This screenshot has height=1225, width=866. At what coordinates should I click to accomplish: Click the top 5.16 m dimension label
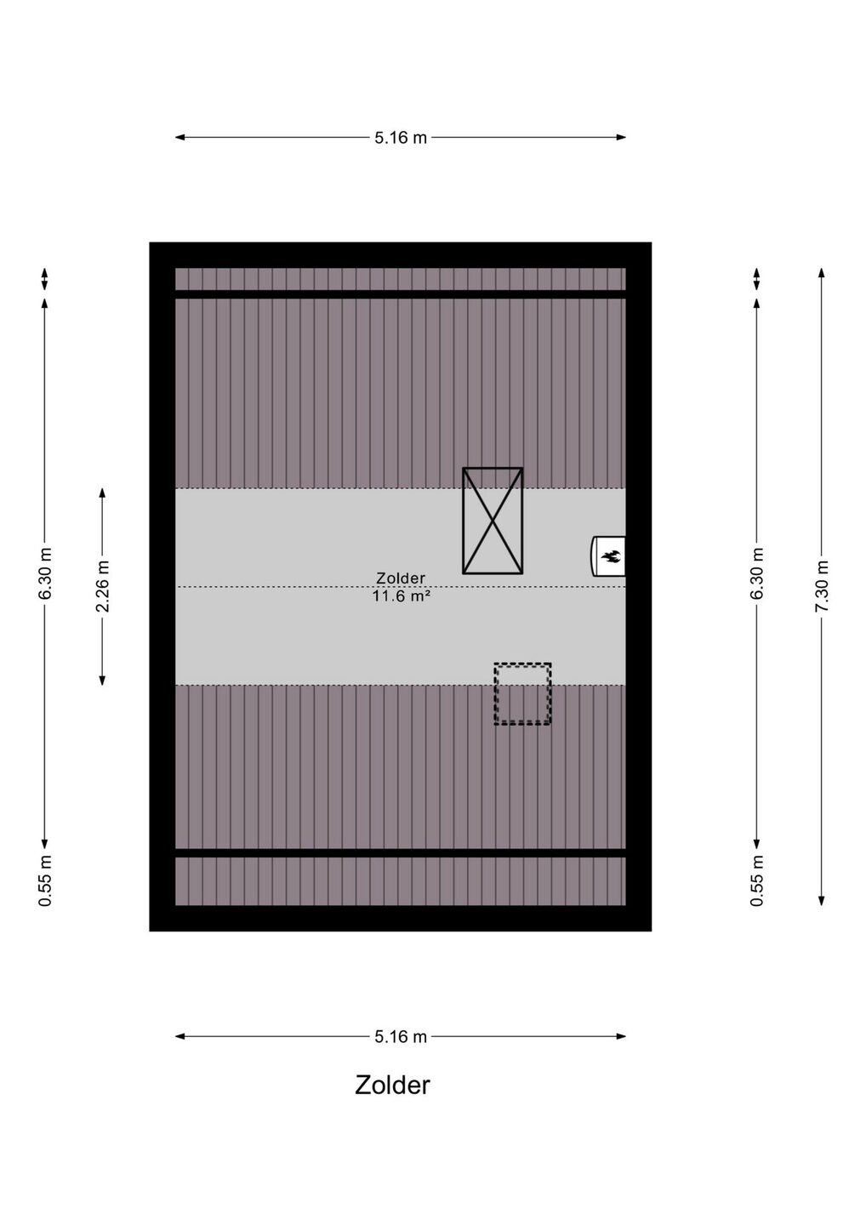pyautogui.click(x=400, y=137)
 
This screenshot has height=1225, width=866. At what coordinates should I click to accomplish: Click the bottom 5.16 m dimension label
pyautogui.click(x=400, y=1036)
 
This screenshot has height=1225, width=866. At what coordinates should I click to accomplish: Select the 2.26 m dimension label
pyautogui.click(x=102, y=586)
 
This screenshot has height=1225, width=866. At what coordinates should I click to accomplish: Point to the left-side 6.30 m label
pyautogui.click(x=45, y=573)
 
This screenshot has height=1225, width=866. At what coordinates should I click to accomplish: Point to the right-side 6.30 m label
pyautogui.click(x=756, y=573)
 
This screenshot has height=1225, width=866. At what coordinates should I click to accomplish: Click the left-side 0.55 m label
pyautogui.click(x=45, y=880)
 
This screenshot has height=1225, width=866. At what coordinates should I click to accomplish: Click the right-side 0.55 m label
pyautogui.click(x=756, y=880)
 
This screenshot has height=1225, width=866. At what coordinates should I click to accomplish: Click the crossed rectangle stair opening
pyautogui.click(x=493, y=521)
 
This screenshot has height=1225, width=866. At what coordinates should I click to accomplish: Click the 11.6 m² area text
pyautogui.click(x=401, y=596)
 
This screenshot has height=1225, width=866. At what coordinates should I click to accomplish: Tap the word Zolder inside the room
pyautogui.click(x=401, y=578)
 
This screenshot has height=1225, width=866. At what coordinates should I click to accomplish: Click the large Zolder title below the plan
pyautogui.click(x=392, y=1085)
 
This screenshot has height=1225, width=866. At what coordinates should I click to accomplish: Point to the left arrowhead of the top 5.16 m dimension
pyautogui.click(x=179, y=137)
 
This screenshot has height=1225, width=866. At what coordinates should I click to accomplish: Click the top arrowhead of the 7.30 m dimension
pyautogui.click(x=822, y=273)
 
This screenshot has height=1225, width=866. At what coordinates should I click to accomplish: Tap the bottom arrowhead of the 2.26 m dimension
pyautogui.click(x=102, y=680)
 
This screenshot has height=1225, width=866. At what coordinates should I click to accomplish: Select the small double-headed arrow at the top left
pyautogui.click(x=45, y=279)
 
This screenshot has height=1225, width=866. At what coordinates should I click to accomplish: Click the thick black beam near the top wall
pyautogui.click(x=400, y=294)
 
